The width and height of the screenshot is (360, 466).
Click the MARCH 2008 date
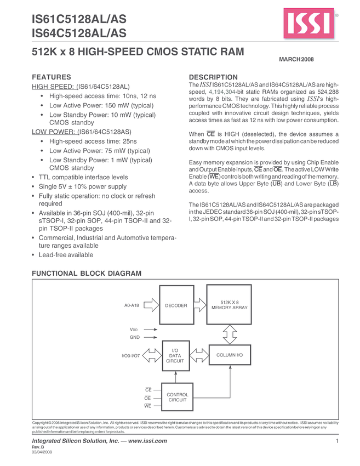tap(296, 59)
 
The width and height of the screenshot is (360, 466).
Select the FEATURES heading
tap(52, 77)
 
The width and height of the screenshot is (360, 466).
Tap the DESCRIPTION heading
tap(213, 77)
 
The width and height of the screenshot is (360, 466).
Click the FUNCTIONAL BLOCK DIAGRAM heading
tap(87, 273)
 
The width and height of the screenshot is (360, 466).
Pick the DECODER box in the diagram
tap(176, 305)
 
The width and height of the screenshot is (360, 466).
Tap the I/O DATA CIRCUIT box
tap(175, 356)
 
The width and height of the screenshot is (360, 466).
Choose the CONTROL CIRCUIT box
tap(177, 397)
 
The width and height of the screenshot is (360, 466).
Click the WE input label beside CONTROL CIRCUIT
tap(147, 406)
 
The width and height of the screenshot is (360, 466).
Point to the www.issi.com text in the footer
tap(144, 441)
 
